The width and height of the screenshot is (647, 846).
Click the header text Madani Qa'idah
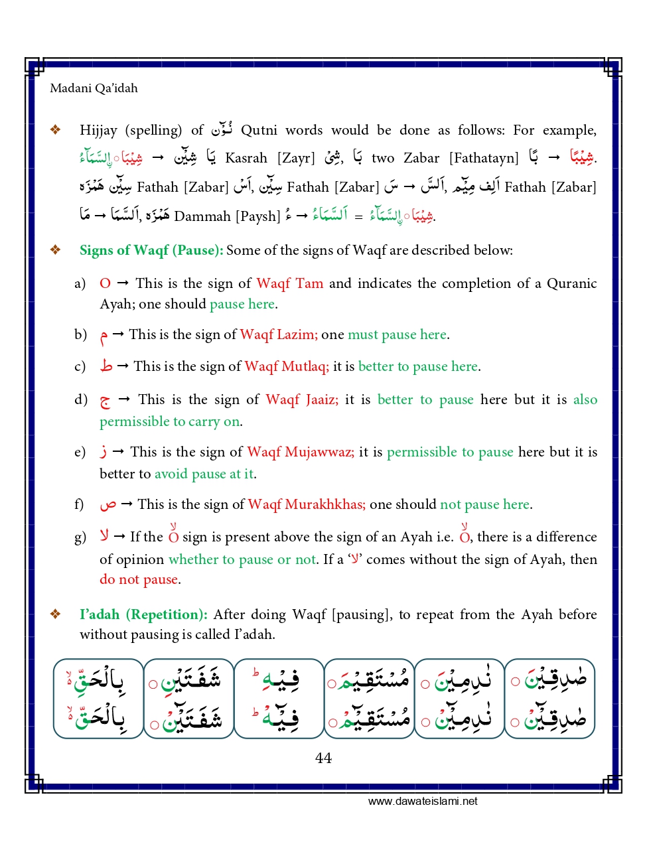coord(94,88)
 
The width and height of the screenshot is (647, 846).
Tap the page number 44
coord(323,758)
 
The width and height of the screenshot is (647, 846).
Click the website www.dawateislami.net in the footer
coord(423,801)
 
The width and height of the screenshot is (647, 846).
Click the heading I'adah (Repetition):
coord(143,614)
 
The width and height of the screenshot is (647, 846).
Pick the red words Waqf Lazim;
coord(278,334)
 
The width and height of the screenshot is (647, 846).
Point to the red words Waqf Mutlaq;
coord(286,366)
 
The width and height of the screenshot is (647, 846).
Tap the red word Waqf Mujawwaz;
coord(300,452)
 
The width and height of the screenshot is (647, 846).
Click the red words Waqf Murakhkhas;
coord(306,504)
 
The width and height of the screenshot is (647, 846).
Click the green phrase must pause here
coord(397,334)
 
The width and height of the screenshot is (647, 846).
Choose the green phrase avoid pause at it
coord(204,474)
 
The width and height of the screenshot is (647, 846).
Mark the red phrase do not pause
coord(138,579)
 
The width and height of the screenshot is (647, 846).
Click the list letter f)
coord(79,504)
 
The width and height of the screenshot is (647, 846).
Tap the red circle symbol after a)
coord(105,283)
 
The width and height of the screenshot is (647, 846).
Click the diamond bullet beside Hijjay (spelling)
coord(56,130)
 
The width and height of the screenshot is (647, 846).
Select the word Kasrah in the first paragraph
coord(246,158)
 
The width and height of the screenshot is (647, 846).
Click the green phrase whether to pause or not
coord(242,559)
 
